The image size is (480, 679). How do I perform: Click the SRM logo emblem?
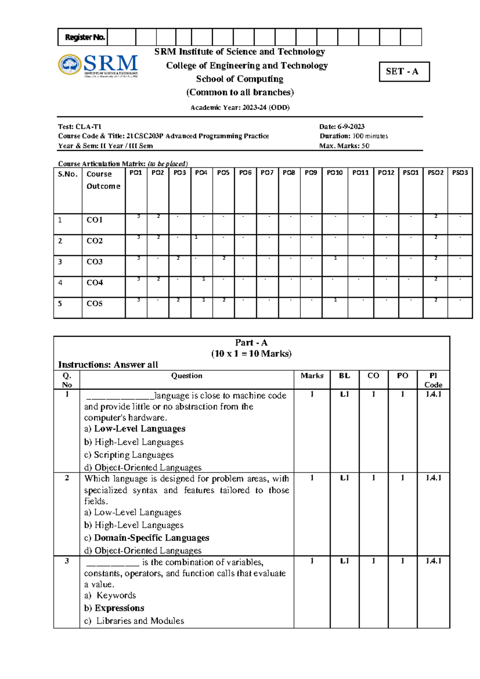pos(70,64)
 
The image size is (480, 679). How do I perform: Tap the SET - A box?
pos(404,72)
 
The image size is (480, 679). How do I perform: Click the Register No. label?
pos(85,37)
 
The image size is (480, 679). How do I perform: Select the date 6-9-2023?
pos(350,127)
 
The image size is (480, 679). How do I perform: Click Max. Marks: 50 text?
pos(344,146)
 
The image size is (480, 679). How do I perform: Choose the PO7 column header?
pos(267,173)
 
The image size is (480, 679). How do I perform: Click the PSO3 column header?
pos(460,173)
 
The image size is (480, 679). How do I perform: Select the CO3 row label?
pos(95,262)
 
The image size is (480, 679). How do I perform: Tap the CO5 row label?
pos(95,303)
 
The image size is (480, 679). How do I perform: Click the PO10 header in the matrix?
pos(334,173)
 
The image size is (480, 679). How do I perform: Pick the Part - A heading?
pos(251,343)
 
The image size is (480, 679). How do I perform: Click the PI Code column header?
pos(433,380)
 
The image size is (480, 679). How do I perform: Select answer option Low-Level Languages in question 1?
pos(139,429)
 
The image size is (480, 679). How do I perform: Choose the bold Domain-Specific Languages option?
pos(151,538)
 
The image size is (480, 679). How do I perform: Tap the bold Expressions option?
pos(119,608)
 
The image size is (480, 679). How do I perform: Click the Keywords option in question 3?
pos(116,595)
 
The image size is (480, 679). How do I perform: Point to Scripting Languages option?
pos(133,455)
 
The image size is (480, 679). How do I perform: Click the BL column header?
pos(344,376)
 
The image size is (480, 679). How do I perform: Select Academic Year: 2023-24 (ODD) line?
pos(240,107)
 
